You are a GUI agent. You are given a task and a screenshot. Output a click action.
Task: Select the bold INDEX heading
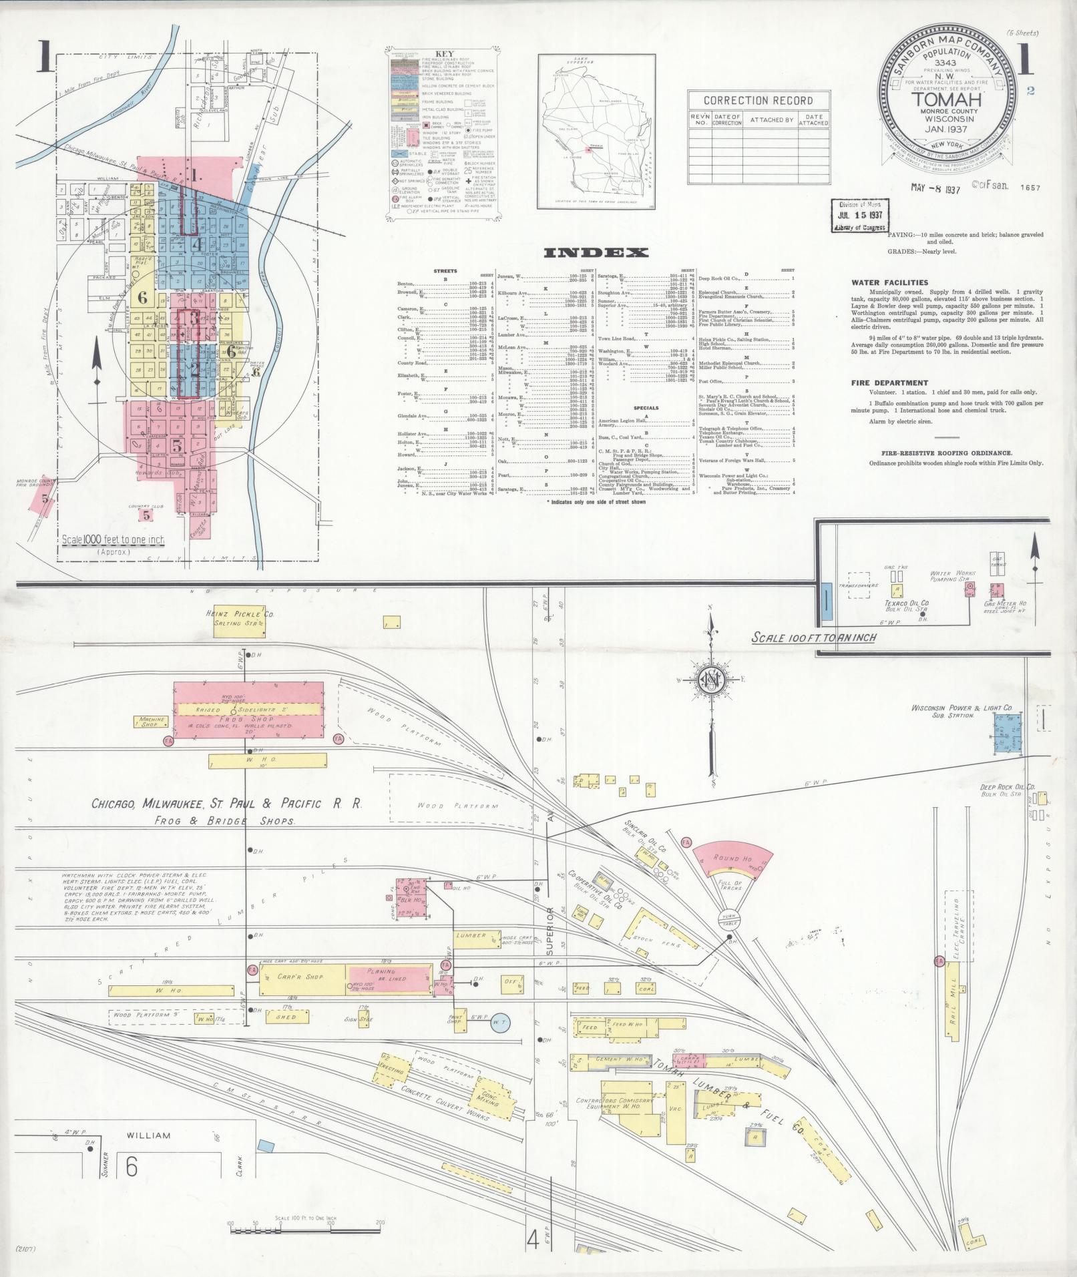tap(596, 252)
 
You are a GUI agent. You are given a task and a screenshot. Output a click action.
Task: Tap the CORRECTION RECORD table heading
tap(759, 101)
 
